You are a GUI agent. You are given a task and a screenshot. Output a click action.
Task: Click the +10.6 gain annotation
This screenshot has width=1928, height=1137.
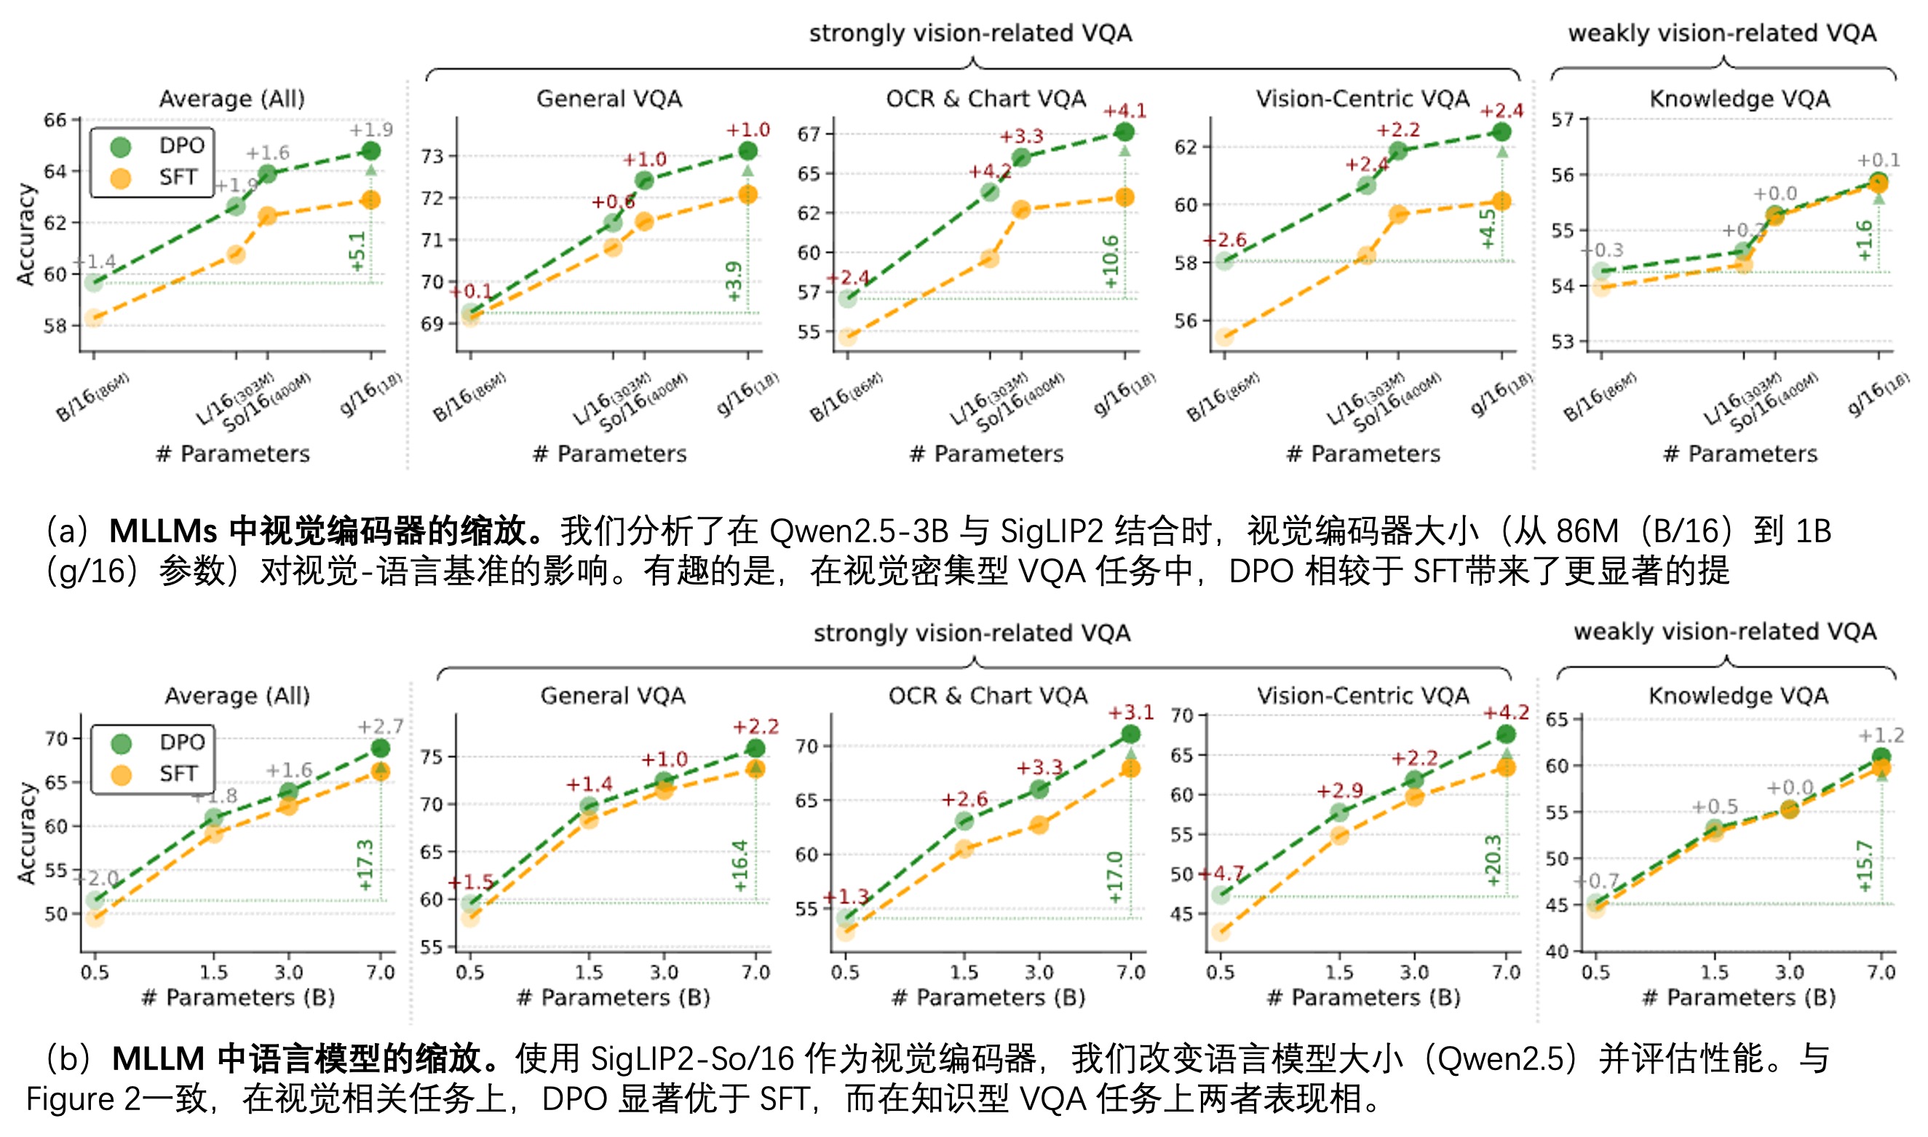coord(1111,262)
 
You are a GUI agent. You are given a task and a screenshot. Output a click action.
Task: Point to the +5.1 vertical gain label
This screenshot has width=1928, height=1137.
coord(357,251)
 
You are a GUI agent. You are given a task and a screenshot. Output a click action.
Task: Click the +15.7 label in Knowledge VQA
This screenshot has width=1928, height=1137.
coord(1865,865)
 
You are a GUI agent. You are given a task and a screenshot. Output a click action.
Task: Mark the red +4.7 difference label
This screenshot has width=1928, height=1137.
coord(1223,873)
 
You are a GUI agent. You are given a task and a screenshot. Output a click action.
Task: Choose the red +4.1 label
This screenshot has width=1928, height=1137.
coord(1124,111)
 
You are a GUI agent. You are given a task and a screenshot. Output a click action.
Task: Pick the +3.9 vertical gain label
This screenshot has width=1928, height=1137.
coord(734,281)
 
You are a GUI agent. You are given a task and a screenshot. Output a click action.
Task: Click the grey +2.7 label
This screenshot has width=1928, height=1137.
coord(380,726)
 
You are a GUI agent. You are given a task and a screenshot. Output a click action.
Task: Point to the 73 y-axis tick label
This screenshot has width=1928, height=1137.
coord(433,157)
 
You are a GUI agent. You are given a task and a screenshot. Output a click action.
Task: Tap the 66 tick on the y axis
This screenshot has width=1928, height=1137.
coord(55,120)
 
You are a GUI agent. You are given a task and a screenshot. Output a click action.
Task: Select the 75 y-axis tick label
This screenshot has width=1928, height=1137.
coord(432,757)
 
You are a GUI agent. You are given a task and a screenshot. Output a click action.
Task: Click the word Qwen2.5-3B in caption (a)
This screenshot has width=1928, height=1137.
coord(859,531)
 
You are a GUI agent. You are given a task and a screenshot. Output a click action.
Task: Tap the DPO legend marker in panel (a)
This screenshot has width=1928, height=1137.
coord(120,146)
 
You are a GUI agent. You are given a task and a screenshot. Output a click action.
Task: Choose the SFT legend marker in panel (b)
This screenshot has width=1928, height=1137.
coord(121,774)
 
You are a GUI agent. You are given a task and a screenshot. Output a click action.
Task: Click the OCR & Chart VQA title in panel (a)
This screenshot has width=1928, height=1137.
coord(985,99)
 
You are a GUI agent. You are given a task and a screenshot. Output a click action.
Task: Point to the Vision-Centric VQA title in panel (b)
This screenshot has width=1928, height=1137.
coord(1362,696)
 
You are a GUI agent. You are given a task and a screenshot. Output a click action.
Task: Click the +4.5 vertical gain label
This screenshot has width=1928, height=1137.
coord(1488,229)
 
